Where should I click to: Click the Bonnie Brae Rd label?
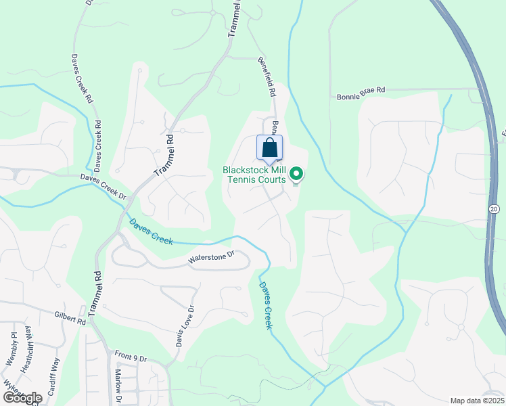(x=361, y=89)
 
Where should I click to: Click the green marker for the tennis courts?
(x=296, y=175)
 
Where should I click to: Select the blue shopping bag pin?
(x=269, y=148)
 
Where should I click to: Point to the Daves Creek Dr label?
(x=103, y=187)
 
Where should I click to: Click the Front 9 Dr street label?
(x=131, y=356)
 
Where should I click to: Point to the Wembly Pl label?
(x=11, y=349)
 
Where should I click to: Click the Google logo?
(x=22, y=398)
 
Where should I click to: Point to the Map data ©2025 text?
(x=477, y=401)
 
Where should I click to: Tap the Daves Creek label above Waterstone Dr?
(x=151, y=231)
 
